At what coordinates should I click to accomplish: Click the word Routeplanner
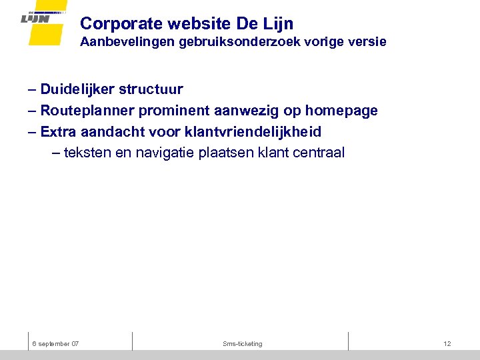point(87,111)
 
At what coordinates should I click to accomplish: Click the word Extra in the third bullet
point(58,131)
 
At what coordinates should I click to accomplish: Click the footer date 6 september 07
point(55,344)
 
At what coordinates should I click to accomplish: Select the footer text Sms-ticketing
point(243,344)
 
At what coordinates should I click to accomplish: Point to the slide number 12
point(447,344)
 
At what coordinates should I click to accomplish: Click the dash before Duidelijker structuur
point(33,89)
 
